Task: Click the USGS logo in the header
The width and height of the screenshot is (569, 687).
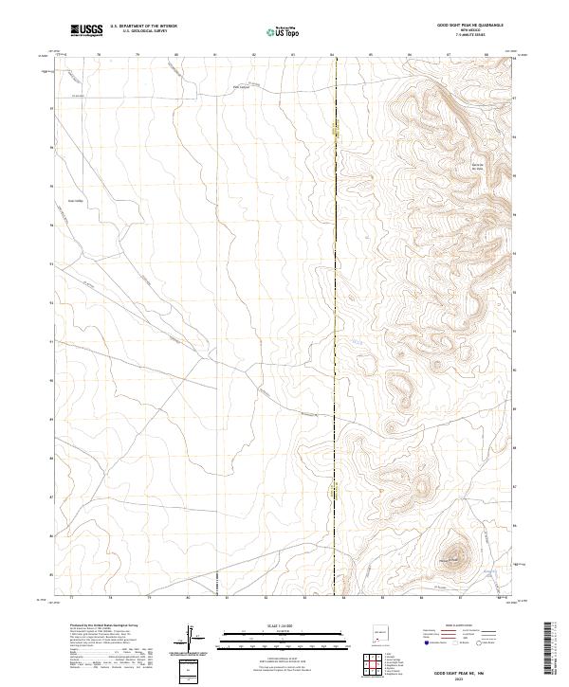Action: point(87,30)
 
